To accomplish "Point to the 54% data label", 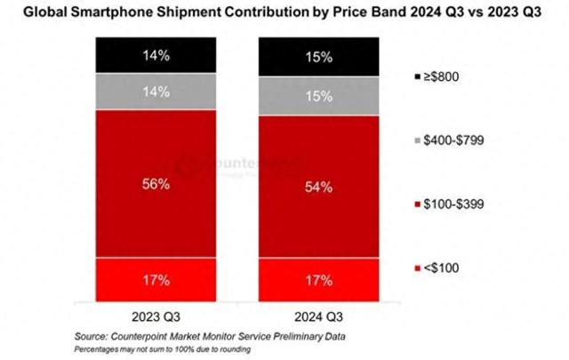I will click(x=318, y=188).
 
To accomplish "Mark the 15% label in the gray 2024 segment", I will click(x=318, y=96).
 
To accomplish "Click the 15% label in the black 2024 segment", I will click(x=318, y=57).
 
